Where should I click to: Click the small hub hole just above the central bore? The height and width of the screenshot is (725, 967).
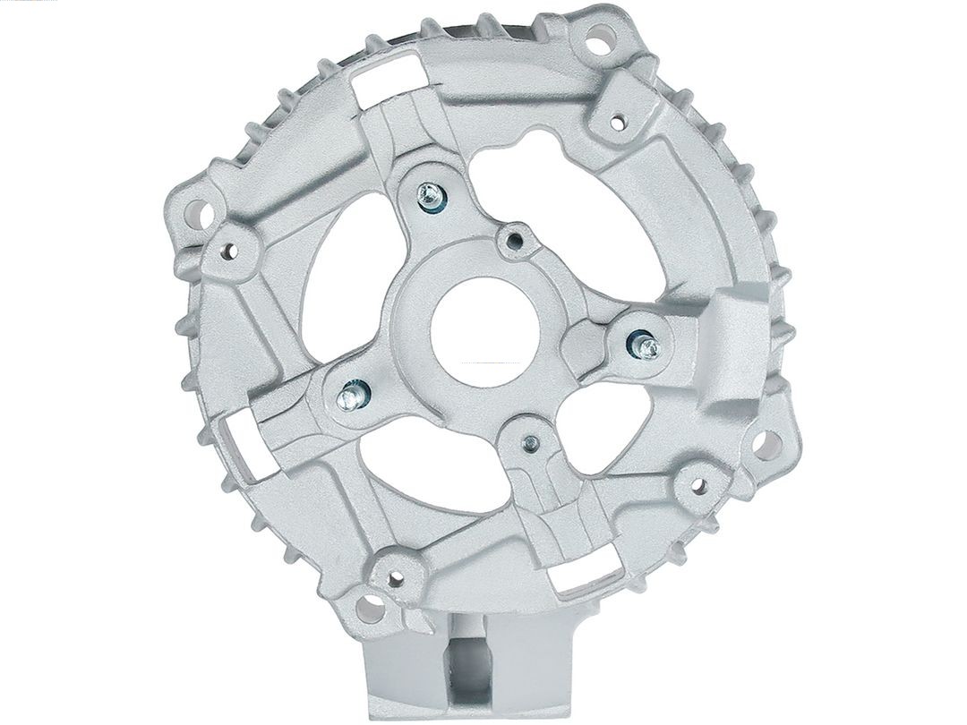tap(513, 239)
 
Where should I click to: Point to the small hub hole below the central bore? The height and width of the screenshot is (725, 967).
tap(532, 442)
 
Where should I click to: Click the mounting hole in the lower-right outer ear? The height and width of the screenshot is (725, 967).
tap(763, 441)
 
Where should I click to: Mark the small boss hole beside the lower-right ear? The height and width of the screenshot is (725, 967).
tap(696, 487)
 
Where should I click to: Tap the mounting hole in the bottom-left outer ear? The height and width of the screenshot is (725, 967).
tap(365, 610)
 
